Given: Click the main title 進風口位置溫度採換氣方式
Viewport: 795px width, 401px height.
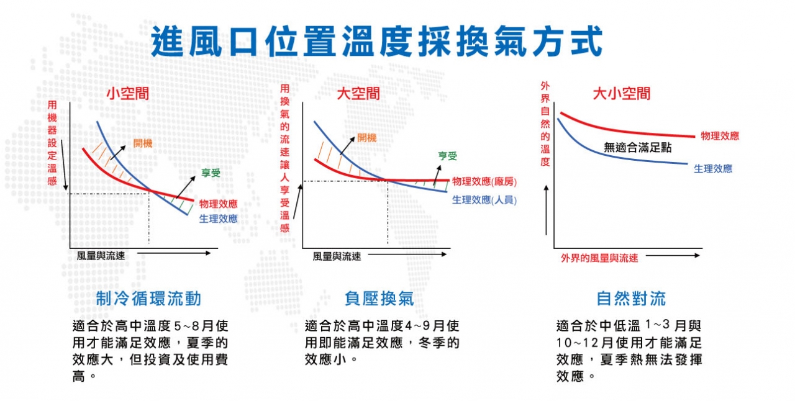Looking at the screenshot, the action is pyautogui.click(x=376, y=42).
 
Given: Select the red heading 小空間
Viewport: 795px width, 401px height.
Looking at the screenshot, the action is pyautogui.click(x=128, y=94).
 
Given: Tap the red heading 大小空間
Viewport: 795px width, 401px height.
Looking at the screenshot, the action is pyautogui.click(x=622, y=94).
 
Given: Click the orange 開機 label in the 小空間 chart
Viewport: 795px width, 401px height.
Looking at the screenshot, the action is pyautogui.click(x=143, y=143).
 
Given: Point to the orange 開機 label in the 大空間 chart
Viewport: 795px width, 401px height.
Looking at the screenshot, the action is pyautogui.click(x=366, y=138).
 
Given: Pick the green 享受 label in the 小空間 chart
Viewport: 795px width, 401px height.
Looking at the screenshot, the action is pyautogui.click(x=211, y=173).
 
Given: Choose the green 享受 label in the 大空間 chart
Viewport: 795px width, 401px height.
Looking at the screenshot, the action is pyautogui.click(x=447, y=155).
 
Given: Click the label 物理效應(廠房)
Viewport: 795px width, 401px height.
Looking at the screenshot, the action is pyautogui.click(x=484, y=182).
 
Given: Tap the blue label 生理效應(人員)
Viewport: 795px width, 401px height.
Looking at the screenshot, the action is pyautogui.click(x=484, y=200).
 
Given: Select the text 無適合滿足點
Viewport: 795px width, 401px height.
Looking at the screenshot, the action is pyautogui.click(x=638, y=147).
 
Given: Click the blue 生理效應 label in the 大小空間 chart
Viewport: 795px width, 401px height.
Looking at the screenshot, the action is pyautogui.click(x=713, y=169).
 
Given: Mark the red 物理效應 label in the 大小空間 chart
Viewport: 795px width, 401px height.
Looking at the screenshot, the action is pyautogui.click(x=720, y=136).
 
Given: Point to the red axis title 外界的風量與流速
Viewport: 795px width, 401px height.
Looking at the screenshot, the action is pyautogui.click(x=599, y=258).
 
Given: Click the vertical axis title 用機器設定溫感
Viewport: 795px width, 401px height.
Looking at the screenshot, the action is pyautogui.click(x=52, y=143).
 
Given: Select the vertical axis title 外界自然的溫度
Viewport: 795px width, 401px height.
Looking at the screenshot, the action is pyautogui.click(x=545, y=124).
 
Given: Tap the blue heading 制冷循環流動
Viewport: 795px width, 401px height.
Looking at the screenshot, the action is pyautogui.click(x=148, y=299).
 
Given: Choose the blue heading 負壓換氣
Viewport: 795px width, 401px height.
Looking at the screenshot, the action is pyautogui.click(x=379, y=299).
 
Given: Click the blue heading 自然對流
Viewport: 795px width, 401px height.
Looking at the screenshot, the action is pyautogui.click(x=631, y=299).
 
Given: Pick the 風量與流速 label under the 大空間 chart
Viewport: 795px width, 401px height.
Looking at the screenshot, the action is pyautogui.click(x=337, y=256).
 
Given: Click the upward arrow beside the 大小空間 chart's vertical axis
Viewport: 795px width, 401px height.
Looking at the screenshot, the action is pyautogui.click(x=546, y=210).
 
